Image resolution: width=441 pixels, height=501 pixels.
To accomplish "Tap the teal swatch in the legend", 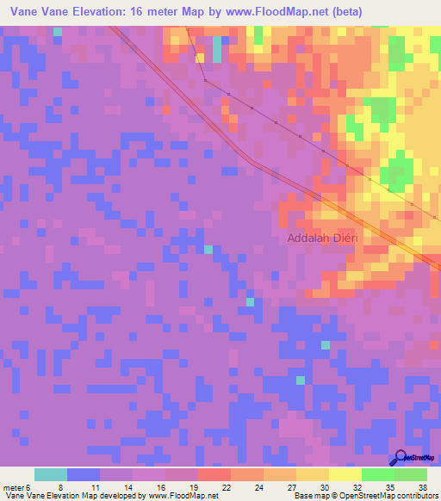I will coord(51,474).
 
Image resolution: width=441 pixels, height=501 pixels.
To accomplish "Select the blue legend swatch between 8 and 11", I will coord(84,474).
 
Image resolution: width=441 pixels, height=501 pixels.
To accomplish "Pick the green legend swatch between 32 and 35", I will coord(378,474).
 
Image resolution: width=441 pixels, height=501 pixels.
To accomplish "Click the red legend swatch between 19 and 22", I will coord(214,474).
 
